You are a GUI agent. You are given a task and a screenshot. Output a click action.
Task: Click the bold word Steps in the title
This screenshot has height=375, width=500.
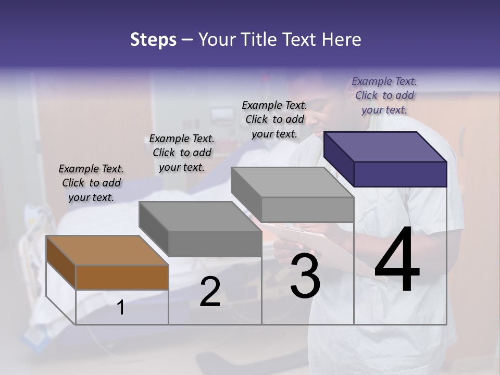[153, 40]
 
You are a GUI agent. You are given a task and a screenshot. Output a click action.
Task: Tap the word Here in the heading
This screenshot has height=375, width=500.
[340, 40]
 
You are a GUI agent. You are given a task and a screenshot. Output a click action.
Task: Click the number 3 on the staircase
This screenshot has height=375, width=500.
[305, 276]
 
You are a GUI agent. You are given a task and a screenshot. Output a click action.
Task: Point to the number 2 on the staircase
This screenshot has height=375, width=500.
[210, 292]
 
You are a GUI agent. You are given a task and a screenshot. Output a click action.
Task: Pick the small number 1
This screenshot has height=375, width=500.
[121, 308]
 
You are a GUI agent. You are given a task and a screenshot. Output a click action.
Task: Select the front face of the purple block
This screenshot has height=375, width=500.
[400, 174]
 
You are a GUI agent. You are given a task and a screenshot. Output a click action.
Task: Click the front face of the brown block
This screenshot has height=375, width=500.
[122, 277]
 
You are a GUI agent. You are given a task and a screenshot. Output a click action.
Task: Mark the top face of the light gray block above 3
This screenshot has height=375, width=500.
[292, 182]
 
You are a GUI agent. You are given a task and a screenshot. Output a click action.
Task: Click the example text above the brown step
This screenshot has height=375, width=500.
[91, 183]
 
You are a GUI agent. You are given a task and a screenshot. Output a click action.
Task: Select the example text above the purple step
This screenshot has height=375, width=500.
[384, 95]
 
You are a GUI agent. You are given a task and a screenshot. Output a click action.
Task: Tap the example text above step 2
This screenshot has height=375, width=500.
[182, 153]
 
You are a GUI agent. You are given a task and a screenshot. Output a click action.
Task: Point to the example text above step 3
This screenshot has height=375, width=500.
[274, 119]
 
